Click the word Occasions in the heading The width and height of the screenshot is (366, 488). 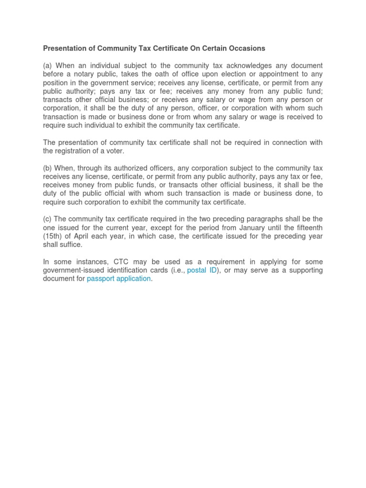(246, 49)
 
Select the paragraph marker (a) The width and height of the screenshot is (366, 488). (48, 66)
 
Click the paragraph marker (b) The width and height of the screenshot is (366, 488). (48, 168)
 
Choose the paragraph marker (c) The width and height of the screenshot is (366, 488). (48, 219)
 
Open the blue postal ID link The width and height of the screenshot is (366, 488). (202, 270)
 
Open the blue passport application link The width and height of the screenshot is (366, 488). (119, 279)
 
